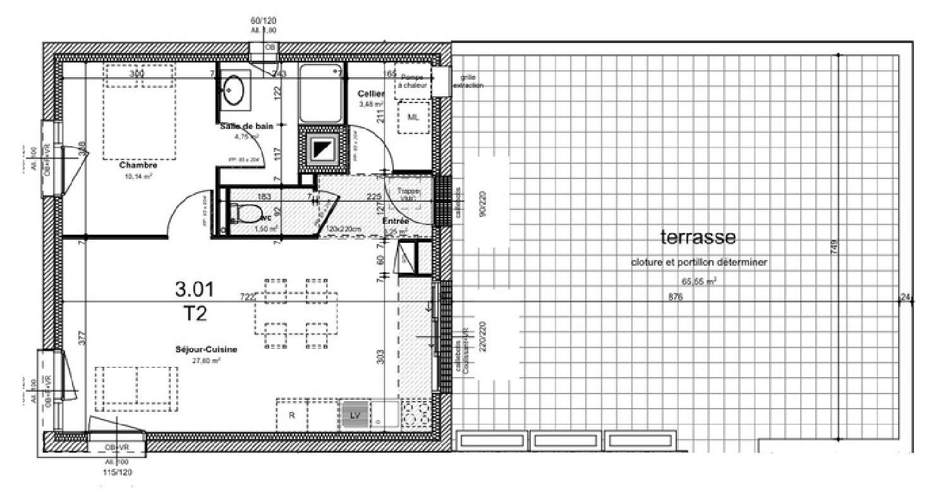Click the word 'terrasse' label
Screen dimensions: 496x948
click(x=698, y=238)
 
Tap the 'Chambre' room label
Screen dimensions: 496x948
click(x=138, y=165)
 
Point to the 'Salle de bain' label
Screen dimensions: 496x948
click(x=246, y=126)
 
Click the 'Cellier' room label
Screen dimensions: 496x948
click(x=371, y=94)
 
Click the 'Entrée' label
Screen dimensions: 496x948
click(x=396, y=221)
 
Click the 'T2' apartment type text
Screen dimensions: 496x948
click(x=193, y=313)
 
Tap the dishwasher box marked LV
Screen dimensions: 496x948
click(x=355, y=415)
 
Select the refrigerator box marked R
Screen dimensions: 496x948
click(x=292, y=416)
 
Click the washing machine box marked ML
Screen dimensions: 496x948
click(x=413, y=118)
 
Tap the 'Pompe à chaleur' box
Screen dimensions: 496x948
click(x=412, y=81)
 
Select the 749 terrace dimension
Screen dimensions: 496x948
click(x=833, y=248)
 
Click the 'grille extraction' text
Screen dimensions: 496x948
click(x=468, y=82)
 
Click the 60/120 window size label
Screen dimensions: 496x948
click(x=264, y=21)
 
